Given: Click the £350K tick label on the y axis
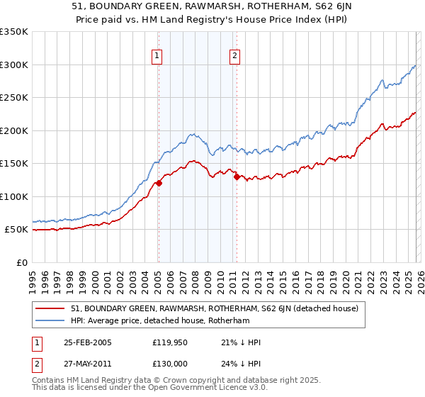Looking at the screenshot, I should point(13,32).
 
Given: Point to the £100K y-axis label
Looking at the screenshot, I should point(13,196).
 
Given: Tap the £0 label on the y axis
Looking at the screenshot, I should point(21,262).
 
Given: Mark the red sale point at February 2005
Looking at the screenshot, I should point(159,183).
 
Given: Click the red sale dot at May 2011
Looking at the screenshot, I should point(237,177).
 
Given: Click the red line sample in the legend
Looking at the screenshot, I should point(51,308).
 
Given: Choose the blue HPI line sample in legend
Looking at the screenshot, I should point(51,320).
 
